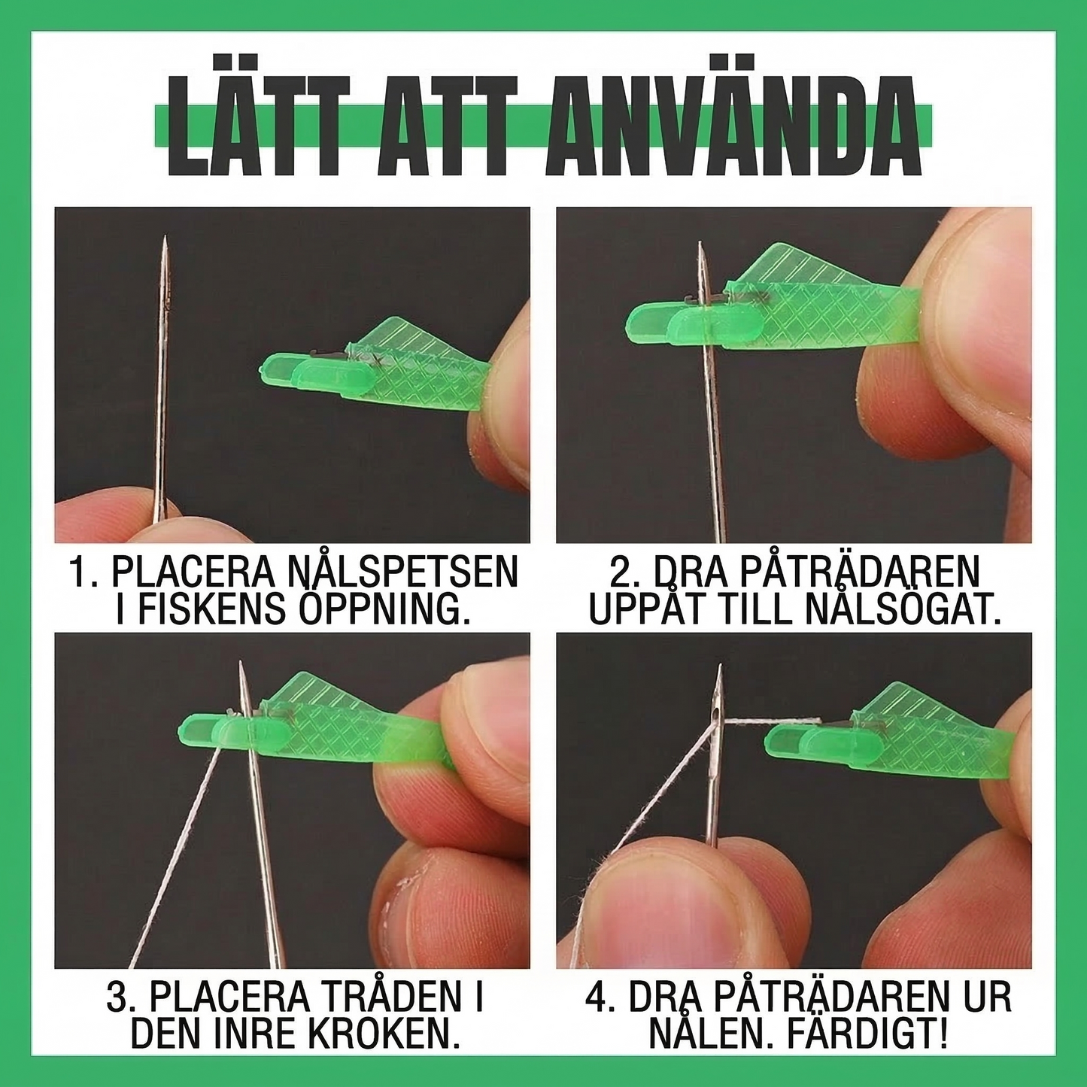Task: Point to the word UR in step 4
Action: pos(985,998)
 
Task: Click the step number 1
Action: pos(79,573)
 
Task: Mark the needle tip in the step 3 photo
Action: pos(241,665)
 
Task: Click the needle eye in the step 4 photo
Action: pos(715,707)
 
